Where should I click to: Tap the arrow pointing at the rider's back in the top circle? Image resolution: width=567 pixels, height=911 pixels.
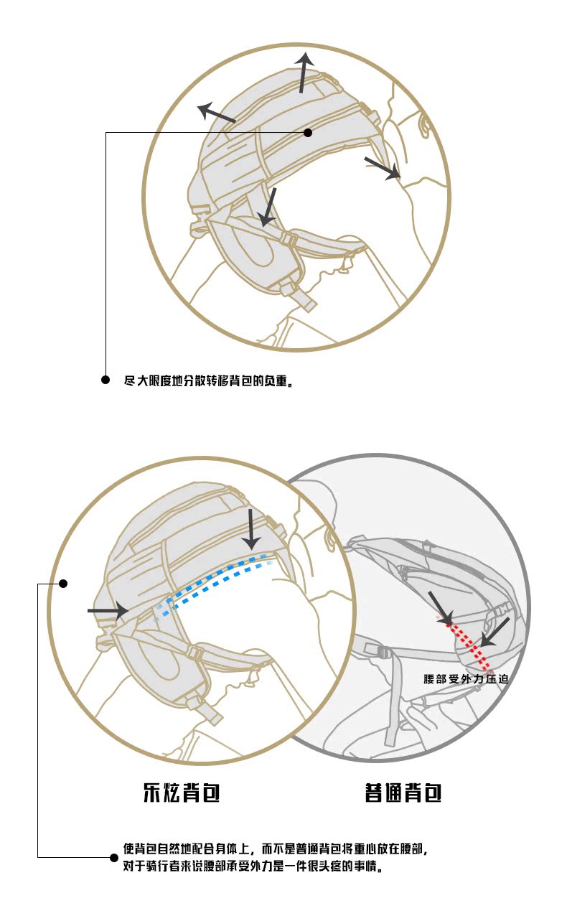tap(382, 167)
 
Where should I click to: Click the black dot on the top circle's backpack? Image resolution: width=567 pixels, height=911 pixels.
tap(308, 132)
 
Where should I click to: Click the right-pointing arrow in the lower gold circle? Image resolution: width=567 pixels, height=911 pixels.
tap(108, 611)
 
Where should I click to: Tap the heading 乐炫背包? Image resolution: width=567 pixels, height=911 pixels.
tap(181, 793)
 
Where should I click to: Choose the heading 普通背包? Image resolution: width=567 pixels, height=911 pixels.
tap(403, 793)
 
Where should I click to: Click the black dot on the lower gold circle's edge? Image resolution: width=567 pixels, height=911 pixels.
tap(62, 584)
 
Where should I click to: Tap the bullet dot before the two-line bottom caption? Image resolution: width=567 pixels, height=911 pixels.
tap(113, 857)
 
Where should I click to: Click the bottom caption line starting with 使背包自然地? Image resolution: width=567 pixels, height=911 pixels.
tap(276, 849)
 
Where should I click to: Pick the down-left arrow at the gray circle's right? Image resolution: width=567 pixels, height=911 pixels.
tap(495, 631)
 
